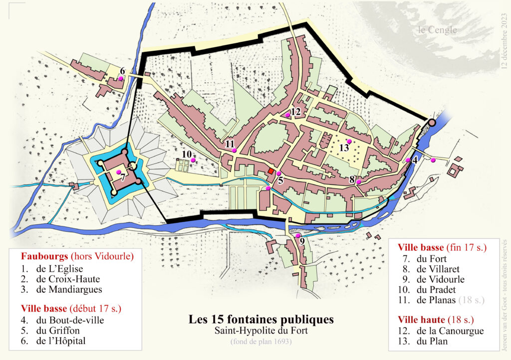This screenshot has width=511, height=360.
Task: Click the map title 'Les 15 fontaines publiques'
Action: tap(260, 319)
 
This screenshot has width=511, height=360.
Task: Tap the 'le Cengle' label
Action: tap(437, 30)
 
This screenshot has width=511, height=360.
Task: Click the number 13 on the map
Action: tap(344, 148)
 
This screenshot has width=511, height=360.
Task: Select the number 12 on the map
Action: tap(296, 111)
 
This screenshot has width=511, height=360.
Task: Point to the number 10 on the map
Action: tap(187, 154)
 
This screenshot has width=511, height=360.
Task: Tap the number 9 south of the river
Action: tap(302, 241)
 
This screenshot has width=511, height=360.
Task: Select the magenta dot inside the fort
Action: tap(119, 172)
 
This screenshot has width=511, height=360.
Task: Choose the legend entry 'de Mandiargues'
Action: tap(68, 289)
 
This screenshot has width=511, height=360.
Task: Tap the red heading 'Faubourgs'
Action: tap(44, 257)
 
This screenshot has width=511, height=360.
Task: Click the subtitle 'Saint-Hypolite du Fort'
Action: tap(260, 331)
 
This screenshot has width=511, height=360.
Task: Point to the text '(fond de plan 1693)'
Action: tap(260, 342)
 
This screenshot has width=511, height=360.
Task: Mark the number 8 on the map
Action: tap(352, 179)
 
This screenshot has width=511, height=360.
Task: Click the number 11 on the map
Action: tap(230, 144)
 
